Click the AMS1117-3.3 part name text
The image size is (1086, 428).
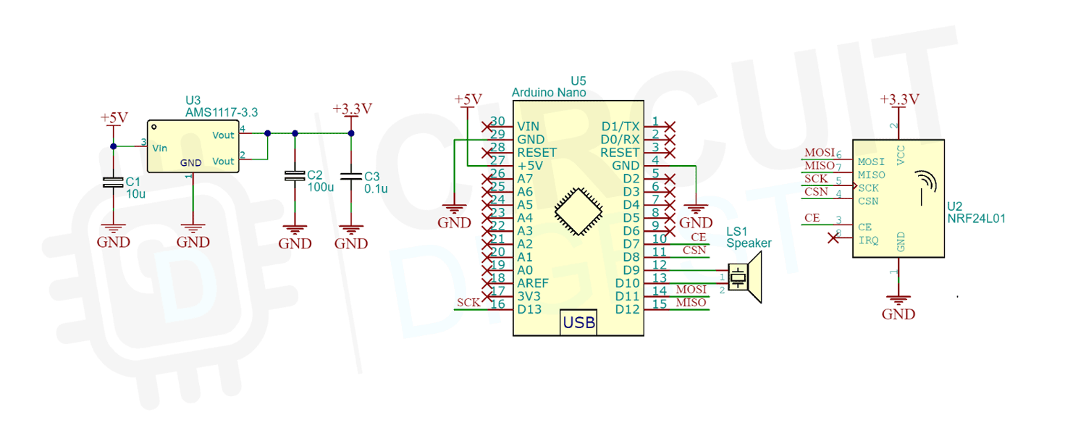click(x=222, y=112)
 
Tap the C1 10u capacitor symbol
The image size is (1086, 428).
click(x=112, y=182)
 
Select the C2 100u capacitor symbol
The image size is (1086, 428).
click(x=295, y=176)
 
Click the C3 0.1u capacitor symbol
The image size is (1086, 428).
click(x=351, y=177)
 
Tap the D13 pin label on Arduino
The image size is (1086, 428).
click(x=529, y=309)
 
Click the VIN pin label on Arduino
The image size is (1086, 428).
click(x=529, y=126)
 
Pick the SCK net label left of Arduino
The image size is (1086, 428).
click(x=468, y=303)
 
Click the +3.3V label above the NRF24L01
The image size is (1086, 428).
click(x=899, y=99)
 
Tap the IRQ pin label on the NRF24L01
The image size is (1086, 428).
click(x=868, y=240)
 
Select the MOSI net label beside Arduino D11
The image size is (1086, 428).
click(x=691, y=290)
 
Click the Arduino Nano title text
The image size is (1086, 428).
click(x=549, y=93)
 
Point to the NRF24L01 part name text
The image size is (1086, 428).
click(x=976, y=217)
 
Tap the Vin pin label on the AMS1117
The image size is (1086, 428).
click(x=160, y=147)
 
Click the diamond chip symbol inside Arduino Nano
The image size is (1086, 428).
click(x=578, y=211)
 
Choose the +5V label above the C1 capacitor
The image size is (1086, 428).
click(x=114, y=117)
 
